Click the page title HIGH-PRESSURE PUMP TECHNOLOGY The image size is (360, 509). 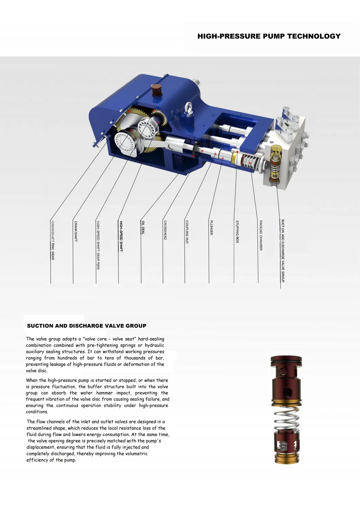(x=269, y=36)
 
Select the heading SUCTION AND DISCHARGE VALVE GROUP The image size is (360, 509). (x=87, y=326)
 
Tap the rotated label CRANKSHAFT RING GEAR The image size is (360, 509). (x=53, y=240)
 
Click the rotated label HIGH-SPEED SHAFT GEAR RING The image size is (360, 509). (x=98, y=245)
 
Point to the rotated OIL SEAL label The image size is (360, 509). (x=143, y=227)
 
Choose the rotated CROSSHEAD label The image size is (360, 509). (x=165, y=230)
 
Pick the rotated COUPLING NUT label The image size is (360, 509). (x=187, y=232)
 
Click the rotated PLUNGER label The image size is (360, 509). (x=211, y=228)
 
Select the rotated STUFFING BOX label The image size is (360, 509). (x=237, y=232)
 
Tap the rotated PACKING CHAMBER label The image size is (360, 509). (x=261, y=235)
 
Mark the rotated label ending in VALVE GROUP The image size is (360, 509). (x=283, y=251)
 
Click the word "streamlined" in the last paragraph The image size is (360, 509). (x=39, y=428)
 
